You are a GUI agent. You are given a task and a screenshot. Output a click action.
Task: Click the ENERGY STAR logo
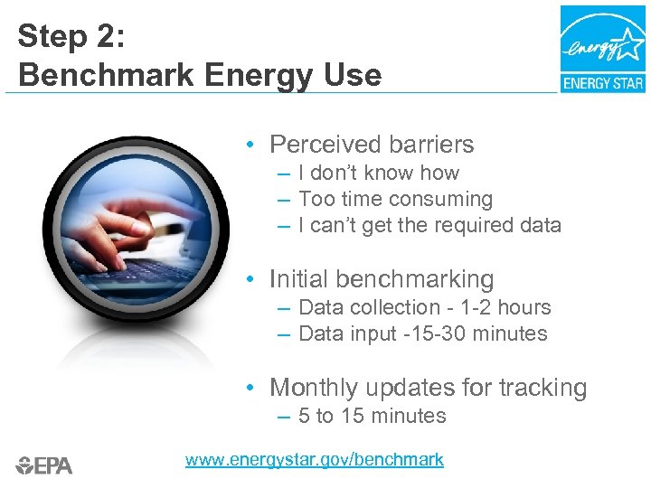[602, 48]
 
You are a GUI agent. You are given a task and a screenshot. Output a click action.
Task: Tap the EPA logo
[44, 465]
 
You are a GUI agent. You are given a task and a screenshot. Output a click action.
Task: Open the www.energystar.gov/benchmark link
[314, 459]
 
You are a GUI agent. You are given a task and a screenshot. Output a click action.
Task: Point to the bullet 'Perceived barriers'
[372, 145]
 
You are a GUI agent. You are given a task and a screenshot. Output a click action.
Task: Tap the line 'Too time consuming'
[395, 199]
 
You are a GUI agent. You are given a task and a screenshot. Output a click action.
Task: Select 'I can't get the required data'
[429, 225]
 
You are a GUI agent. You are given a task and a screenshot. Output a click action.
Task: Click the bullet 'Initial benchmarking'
[382, 279]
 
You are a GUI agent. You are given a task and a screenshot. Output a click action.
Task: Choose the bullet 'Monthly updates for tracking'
[428, 388]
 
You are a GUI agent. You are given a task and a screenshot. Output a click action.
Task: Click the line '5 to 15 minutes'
[372, 416]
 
